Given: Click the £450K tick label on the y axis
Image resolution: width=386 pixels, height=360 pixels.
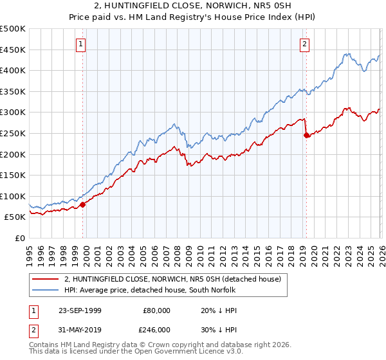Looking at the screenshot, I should click(x=13, y=50).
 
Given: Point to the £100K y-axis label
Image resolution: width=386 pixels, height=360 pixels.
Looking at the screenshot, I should click(x=13, y=197).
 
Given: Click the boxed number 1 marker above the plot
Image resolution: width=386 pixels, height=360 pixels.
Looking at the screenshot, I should click(x=80, y=44).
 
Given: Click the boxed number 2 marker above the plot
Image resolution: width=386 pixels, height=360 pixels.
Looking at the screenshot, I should click(x=304, y=44).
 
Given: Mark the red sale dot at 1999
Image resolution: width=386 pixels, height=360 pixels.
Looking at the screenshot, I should click(x=83, y=204).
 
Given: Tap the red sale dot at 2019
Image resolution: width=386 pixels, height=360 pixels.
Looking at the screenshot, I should click(x=306, y=135).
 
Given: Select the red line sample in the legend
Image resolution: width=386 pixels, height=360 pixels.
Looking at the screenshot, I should click(x=46, y=280).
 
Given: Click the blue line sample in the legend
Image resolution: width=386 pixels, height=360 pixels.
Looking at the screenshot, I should click(x=46, y=291).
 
